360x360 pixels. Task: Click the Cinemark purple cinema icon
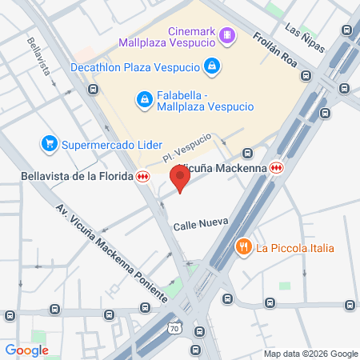click(x=228, y=34)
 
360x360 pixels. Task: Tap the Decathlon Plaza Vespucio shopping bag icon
click(x=211, y=66)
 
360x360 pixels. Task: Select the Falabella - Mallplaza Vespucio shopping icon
click(x=145, y=98)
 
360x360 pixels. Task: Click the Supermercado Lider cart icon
click(x=50, y=144)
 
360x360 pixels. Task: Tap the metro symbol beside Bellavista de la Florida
click(x=143, y=177)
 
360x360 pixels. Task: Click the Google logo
click(x=26, y=350)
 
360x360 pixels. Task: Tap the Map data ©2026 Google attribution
click(x=311, y=354)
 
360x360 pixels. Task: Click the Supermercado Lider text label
click(x=102, y=144)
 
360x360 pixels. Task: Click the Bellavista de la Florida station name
click(x=77, y=177)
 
